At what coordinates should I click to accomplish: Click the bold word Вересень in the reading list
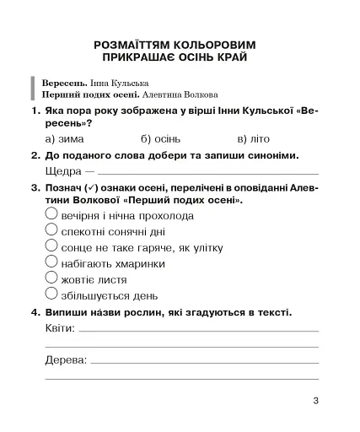[62, 84]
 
